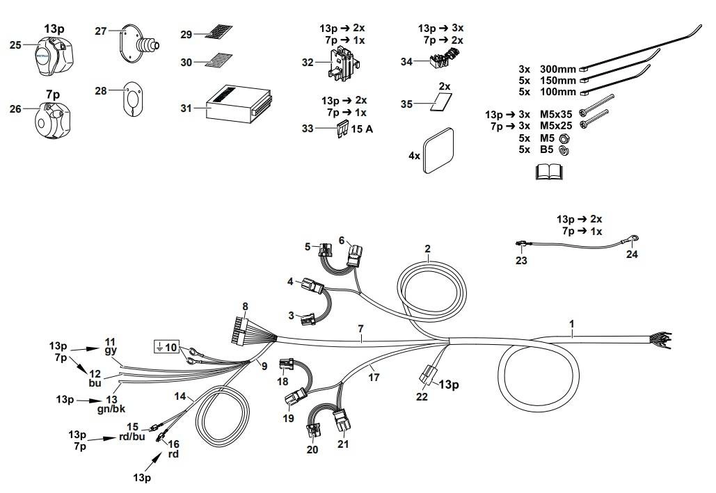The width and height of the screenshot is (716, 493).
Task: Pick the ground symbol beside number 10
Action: pyautogui.click(x=160, y=345)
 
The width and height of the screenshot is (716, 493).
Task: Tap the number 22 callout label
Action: pyautogui.click(x=421, y=398)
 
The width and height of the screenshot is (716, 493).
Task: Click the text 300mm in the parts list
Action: pyautogui.click(x=557, y=69)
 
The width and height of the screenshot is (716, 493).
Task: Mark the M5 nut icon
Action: pyautogui.click(x=564, y=138)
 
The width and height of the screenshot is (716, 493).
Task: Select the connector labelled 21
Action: pyautogui.click(x=342, y=421)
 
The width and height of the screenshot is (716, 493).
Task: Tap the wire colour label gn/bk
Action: pyautogui.click(x=111, y=409)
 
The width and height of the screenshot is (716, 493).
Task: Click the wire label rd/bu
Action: pyautogui.click(x=132, y=437)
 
